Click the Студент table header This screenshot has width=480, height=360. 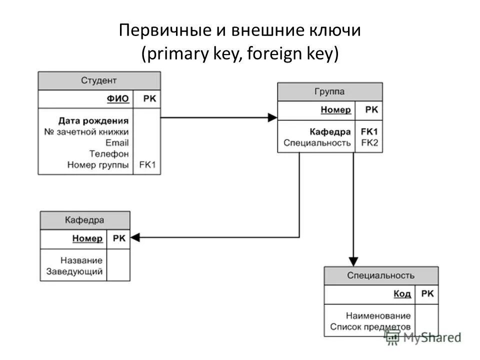pos(99,80)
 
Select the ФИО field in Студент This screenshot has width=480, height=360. pos(118,99)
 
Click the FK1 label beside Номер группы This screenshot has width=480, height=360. pos(147,164)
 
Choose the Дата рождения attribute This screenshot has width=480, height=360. pos(93,120)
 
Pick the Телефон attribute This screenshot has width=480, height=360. pos(109,153)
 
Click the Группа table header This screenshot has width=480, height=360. pos(329,92)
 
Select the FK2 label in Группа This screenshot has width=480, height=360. pos(369,142)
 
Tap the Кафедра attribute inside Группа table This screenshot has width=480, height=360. pos(330,131)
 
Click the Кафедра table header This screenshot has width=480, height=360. pos(84,220)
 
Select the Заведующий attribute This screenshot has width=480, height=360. pos(74,272)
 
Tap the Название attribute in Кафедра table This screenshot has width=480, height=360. pos(81,260)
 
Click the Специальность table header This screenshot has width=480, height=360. pos(381,275)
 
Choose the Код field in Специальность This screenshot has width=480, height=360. pos(402,294)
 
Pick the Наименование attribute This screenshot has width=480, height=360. pos(378,316)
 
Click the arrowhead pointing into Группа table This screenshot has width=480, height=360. pos(272,117)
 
